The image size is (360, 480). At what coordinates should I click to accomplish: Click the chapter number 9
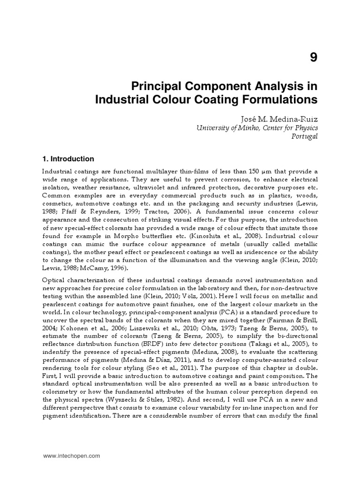tap(313, 58)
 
